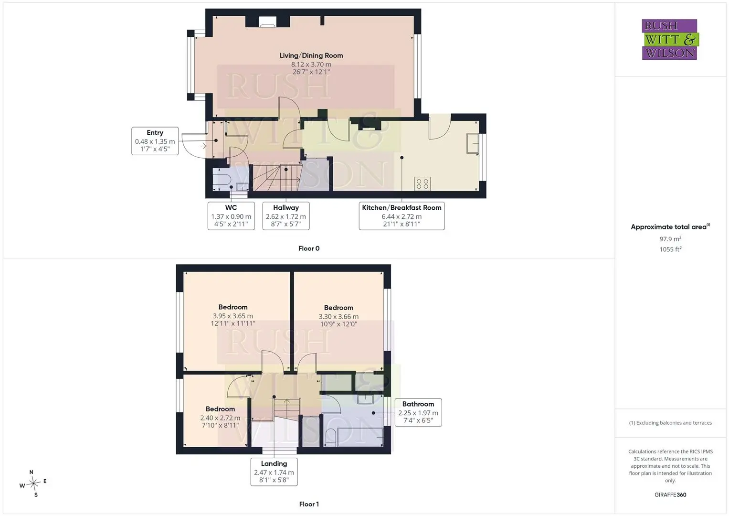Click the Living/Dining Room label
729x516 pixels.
311,64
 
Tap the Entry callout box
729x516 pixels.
155,141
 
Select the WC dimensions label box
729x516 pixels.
231,215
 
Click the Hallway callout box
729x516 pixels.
286,215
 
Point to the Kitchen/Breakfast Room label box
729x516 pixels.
401,215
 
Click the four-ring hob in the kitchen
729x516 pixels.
423,184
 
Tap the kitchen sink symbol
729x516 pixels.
473,143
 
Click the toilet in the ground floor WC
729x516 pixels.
222,180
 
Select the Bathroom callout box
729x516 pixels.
418,412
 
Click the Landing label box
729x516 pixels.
274,472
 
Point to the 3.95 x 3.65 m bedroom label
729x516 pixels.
233,315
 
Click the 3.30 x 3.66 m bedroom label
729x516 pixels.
338,316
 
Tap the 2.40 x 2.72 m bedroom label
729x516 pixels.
221,417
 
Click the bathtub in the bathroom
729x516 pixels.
360,437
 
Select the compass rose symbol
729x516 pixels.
33,484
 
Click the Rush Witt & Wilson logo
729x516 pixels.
670,39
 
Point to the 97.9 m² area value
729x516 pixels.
670,239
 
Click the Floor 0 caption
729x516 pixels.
309,248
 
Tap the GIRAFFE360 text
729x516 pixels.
670,494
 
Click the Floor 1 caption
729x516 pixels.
309,504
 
